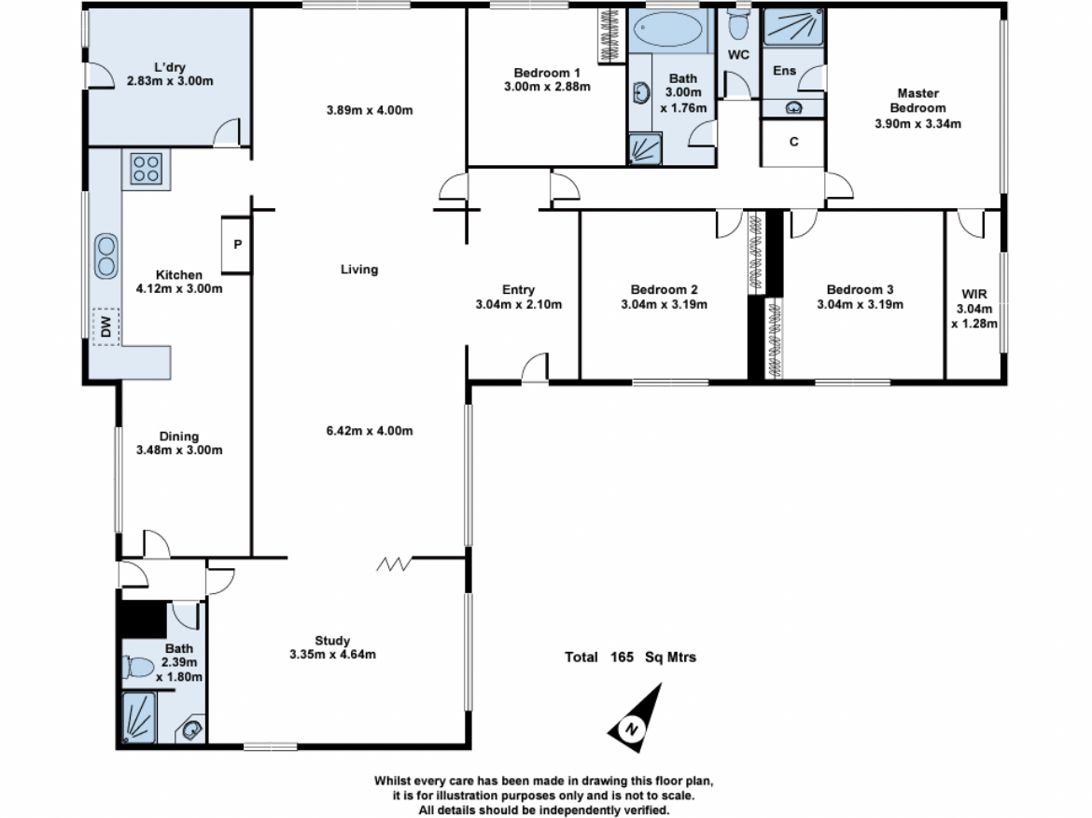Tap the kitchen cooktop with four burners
pyautogui.click(x=147, y=169)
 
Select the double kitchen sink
pyautogui.click(x=105, y=256)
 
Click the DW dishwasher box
pyautogui.click(x=105, y=326)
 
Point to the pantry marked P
pyautogui.click(x=237, y=245)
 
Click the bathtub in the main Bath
pyautogui.click(x=667, y=29)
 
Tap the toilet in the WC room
pyautogui.click(x=737, y=24)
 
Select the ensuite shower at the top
pyautogui.click(x=792, y=27)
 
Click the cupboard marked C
pyautogui.click(x=793, y=143)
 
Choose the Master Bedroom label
pyautogui.click(x=917, y=100)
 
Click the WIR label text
pyautogui.click(x=974, y=294)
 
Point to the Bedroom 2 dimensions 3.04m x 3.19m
pyautogui.click(x=664, y=304)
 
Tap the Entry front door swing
pyautogui.click(x=535, y=367)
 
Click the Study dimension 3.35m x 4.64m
pyautogui.click(x=332, y=655)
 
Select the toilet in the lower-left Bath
pyautogui.click(x=138, y=667)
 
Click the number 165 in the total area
pyautogui.click(x=622, y=658)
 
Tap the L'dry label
pyautogui.click(x=170, y=67)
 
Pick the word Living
pyautogui.click(x=359, y=270)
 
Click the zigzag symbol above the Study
pyautogui.click(x=394, y=563)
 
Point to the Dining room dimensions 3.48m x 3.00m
pyautogui.click(x=179, y=451)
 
